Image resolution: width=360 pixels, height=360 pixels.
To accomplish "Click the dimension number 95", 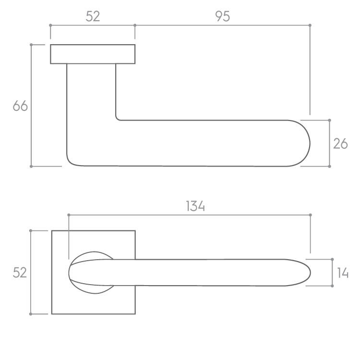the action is point(222,16).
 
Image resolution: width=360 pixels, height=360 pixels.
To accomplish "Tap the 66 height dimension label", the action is point(20,106).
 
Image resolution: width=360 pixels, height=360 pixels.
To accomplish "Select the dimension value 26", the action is point(340,144).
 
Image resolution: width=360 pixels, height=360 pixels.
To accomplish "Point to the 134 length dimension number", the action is point(195,206).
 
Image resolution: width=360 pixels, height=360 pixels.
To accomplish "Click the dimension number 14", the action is point(343,273).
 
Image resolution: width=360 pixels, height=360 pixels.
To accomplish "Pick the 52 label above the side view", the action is point(93,16).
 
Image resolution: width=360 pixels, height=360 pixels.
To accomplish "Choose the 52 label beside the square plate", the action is point(20,273).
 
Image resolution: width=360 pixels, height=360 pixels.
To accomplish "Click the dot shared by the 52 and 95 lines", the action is point(135,25).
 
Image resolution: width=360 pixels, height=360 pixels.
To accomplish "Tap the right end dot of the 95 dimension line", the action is point(310,25).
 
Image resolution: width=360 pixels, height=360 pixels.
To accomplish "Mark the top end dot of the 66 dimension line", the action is point(31,45).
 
